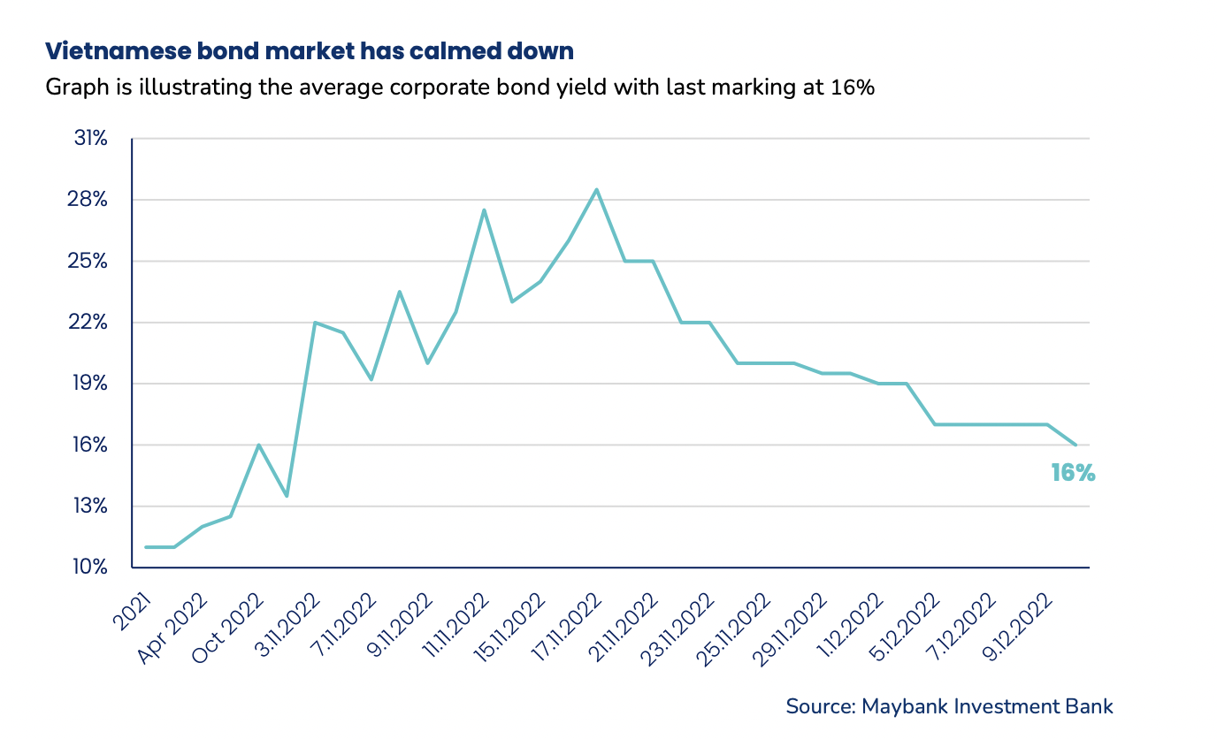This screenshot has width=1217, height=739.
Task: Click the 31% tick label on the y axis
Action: pos(90,139)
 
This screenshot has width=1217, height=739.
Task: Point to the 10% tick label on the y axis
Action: pos(90,567)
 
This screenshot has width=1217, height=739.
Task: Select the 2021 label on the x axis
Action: pos(132,612)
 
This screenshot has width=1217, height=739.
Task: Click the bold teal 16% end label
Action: pos(1073,474)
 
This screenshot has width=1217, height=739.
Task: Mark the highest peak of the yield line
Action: pos(596,189)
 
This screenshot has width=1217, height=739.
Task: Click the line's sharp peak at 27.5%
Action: pos(484,210)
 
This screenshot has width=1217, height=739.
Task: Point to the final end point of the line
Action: pos(1075,445)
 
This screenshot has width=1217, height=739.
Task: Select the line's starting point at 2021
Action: pos(146,547)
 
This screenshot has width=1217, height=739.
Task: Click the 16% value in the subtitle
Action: pos(853,88)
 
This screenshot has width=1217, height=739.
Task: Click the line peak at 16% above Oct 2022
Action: pos(258,445)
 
